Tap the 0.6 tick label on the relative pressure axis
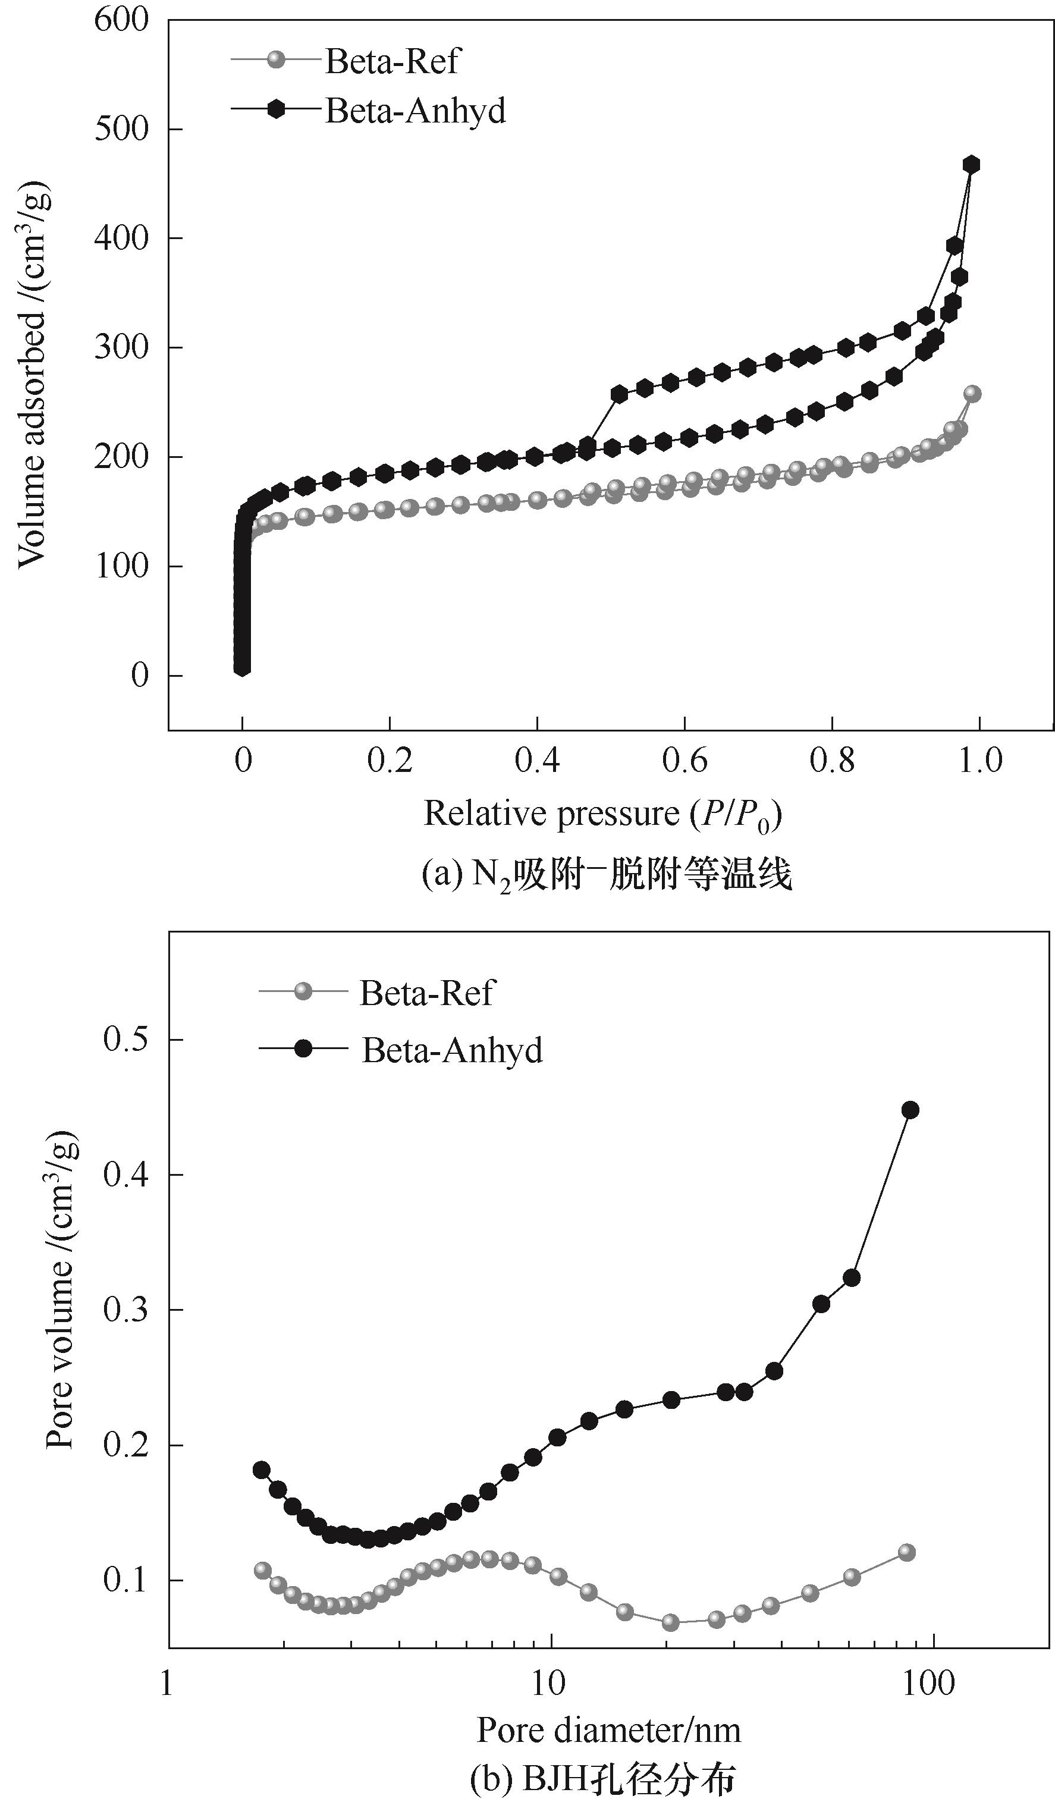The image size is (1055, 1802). pyautogui.click(x=685, y=761)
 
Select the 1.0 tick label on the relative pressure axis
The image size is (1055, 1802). pyautogui.click(x=979, y=761)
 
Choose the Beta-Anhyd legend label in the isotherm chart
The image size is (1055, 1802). pyautogui.click(x=416, y=110)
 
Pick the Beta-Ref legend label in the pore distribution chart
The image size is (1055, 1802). pyautogui.click(x=426, y=993)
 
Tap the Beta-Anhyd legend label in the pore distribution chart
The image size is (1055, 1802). pyautogui.click(x=452, y=1050)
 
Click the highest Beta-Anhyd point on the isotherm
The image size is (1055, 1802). pyautogui.click(x=971, y=165)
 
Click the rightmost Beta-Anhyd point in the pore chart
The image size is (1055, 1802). pyautogui.click(x=910, y=1110)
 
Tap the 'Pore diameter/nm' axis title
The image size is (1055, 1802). pyautogui.click(x=609, y=1730)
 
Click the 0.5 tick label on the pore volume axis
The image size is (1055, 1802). pyautogui.click(x=126, y=1040)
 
